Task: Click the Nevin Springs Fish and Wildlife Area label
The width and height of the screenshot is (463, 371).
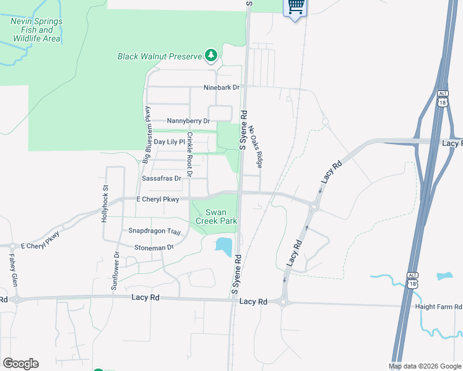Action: point(36,30)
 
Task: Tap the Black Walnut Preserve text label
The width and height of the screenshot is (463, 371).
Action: point(160,56)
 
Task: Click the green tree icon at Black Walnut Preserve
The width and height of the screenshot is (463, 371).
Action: point(211,56)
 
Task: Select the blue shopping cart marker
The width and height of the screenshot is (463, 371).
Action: point(295,7)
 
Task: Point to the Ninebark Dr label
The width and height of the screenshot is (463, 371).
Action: point(222,88)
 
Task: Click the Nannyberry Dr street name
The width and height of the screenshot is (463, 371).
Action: point(189,121)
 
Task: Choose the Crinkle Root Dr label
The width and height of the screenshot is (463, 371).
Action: point(190,154)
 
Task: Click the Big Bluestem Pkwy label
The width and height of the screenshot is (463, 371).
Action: point(147,134)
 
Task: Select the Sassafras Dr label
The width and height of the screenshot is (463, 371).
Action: point(162,178)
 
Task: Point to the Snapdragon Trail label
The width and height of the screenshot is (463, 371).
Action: point(154,231)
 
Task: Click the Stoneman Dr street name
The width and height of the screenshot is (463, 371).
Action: point(154,247)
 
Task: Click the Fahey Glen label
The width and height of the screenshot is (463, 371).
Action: point(12,270)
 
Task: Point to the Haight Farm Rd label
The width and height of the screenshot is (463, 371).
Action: point(441,307)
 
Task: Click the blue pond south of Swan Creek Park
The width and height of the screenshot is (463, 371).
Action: point(223,246)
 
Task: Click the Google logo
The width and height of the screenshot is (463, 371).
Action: point(20,364)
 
